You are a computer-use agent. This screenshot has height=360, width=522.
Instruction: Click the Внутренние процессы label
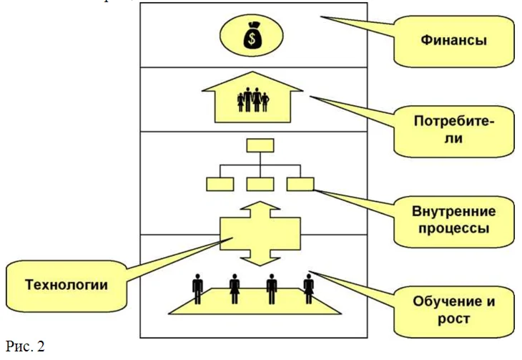tap(453, 220)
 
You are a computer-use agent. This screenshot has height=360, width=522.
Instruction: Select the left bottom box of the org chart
tap(220, 185)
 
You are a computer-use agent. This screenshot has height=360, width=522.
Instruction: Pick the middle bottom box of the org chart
tap(260, 185)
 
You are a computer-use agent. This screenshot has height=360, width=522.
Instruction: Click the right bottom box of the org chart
tap(300, 185)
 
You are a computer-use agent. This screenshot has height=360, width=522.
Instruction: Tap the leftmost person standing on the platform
tap(198, 289)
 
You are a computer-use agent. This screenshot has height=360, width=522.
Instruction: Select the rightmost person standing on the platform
tap(309, 289)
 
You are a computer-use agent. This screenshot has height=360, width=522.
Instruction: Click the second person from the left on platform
tap(235, 289)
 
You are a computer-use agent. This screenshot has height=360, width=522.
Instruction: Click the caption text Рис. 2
tap(24, 346)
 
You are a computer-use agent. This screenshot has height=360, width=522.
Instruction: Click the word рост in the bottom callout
tap(454, 318)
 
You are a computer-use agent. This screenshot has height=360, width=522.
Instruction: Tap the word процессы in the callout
tap(454, 230)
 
